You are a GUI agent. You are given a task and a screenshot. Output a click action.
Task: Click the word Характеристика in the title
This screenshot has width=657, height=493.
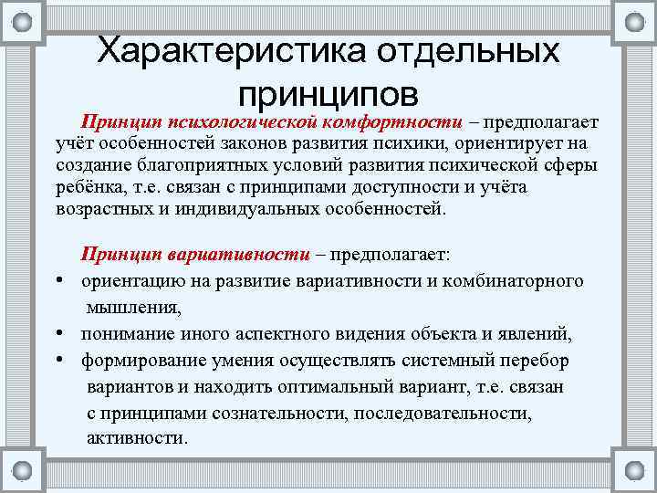coord(219,51)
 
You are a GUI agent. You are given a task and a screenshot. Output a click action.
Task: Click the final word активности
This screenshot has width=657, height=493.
coord(137,437)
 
